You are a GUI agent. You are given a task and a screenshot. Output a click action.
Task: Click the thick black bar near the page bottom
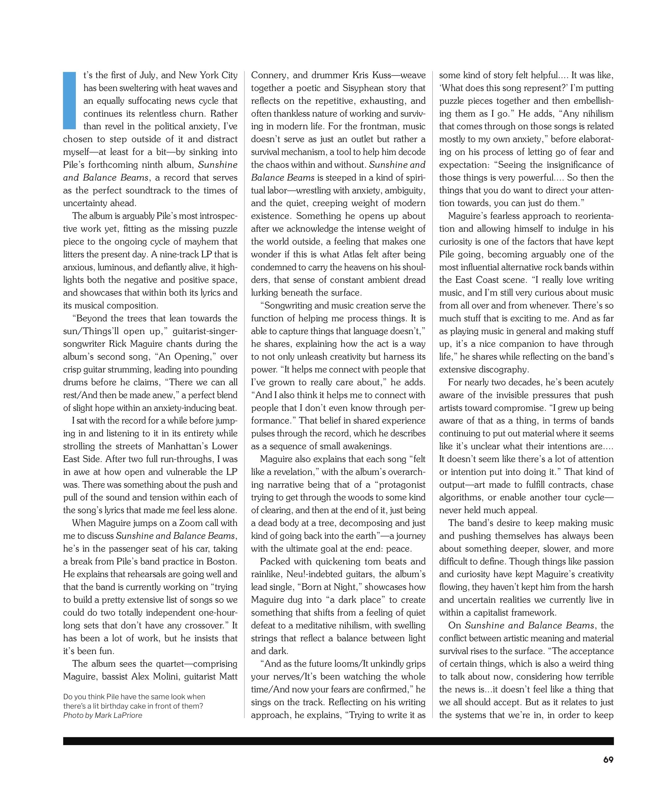pos(338,741)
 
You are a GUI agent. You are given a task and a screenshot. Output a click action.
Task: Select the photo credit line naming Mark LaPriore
pos(102,715)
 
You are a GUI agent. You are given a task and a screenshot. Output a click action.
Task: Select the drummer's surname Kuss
pos(381,75)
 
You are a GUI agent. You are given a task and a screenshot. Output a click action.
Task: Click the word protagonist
pos(402,485)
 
